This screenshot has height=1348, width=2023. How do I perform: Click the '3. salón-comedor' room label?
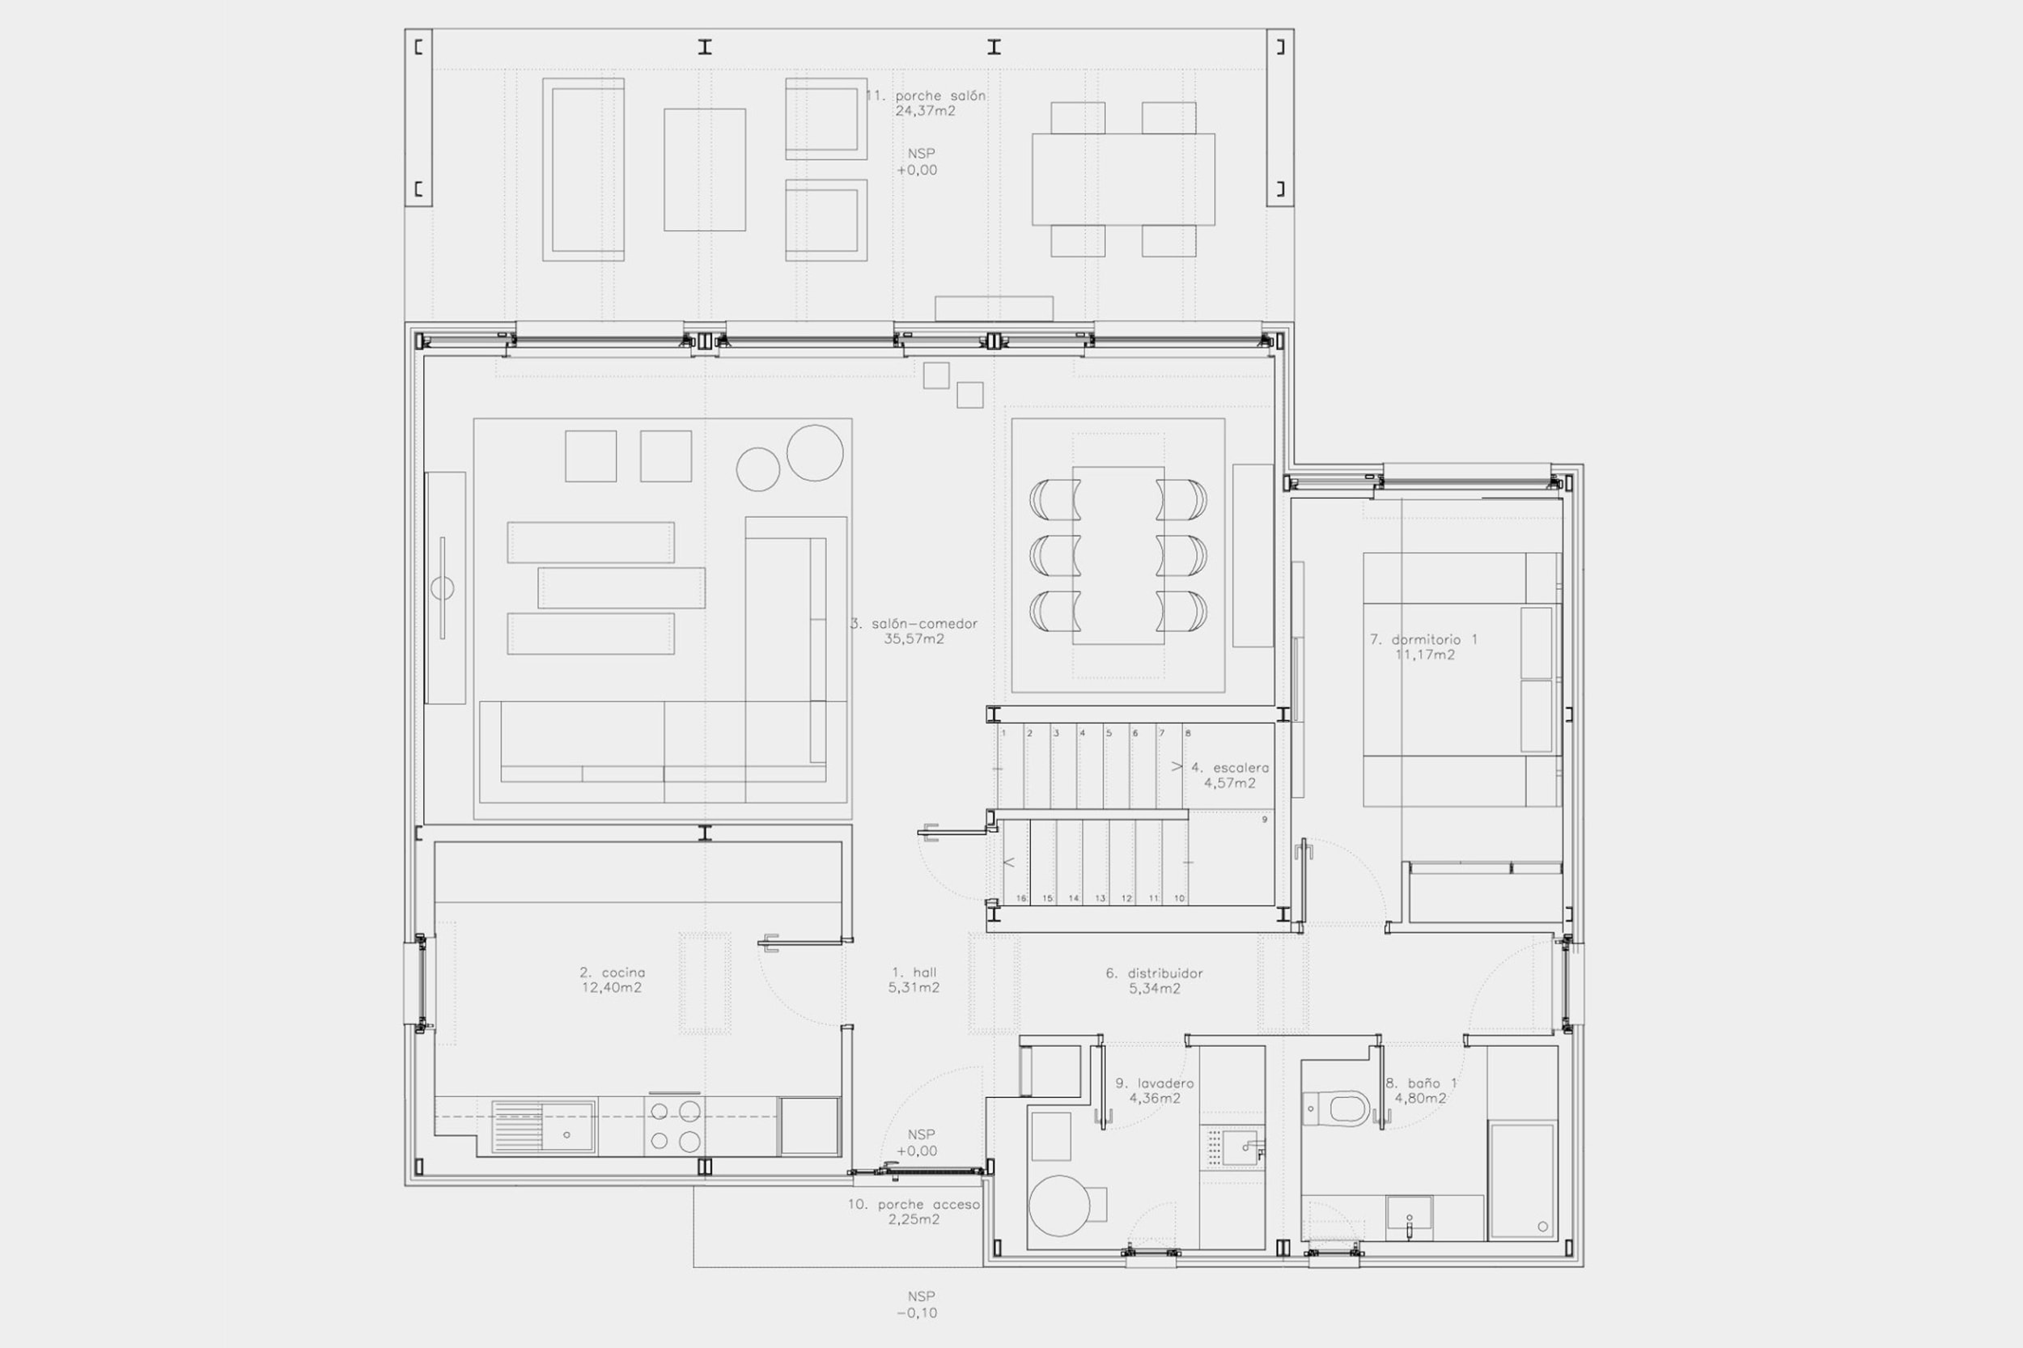click(x=914, y=623)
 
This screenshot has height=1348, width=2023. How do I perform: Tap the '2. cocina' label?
click(x=612, y=973)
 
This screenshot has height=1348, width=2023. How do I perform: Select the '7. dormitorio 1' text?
click(x=1423, y=639)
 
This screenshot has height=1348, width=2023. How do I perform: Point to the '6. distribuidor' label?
click(x=1154, y=973)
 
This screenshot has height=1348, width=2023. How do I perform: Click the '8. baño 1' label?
click(x=1419, y=1083)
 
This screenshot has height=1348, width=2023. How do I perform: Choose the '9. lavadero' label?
click(x=1155, y=1083)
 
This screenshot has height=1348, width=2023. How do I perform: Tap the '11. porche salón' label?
click(x=925, y=95)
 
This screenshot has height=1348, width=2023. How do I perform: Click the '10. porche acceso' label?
click(x=914, y=1205)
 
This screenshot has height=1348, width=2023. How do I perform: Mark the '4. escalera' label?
click(x=1229, y=768)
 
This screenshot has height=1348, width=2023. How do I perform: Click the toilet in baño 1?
click(x=1337, y=1108)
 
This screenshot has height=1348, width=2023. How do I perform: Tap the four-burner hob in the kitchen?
click(x=674, y=1126)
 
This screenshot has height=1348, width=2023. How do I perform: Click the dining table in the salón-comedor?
click(x=1118, y=555)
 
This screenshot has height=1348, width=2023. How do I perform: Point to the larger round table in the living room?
click(x=814, y=453)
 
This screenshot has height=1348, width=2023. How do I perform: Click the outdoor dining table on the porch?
click(x=1123, y=179)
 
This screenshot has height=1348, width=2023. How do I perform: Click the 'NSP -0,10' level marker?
click(x=921, y=1304)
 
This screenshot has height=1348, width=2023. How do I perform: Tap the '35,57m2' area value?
click(x=914, y=638)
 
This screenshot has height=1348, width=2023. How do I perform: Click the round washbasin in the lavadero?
click(x=1059, y=1206)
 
